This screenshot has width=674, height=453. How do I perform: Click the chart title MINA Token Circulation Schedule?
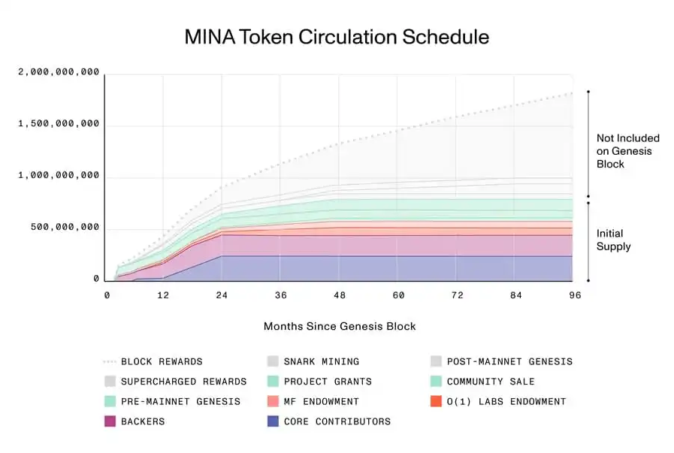click(x=337, y=37)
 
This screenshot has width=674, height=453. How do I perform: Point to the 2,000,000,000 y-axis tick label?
click(x=59, y=72)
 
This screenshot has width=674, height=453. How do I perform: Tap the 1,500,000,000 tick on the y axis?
click(x=59, y=124)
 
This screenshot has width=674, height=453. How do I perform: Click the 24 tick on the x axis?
click(x=221, y=296)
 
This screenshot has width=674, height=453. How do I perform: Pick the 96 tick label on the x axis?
click(x=575, y=296)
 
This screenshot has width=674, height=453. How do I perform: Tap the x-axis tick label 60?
click(x=398, y=296)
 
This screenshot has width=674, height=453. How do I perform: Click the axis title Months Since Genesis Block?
click(x=340, y=326)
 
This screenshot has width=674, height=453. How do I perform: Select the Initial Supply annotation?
click(x=614, y=240)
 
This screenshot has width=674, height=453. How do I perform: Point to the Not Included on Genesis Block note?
click(x=627, y=151)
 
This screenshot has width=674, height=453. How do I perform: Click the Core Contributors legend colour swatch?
click(x=273, y=421)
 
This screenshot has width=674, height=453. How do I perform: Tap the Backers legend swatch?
click(x=110, y=421)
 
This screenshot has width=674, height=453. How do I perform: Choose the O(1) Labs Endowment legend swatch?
click(x=436, y=401)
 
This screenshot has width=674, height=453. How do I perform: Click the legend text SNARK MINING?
click(x=322, y=361)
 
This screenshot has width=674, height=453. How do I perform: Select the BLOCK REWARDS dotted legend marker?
click(x=110, y=361)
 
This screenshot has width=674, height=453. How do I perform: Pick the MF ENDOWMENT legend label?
click(x=322, y=401)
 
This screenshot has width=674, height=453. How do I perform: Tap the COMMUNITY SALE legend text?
click(x=491, y=382)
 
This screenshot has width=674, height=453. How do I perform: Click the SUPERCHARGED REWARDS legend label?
click(x=183, y=382)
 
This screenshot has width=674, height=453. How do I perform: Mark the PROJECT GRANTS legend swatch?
click(x=273, y=382)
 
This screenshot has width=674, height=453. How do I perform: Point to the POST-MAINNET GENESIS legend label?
click(x=509, y=361)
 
